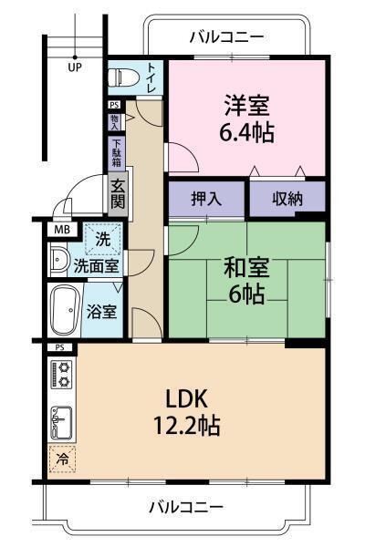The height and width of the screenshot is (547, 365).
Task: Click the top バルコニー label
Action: click(x=226, y=37)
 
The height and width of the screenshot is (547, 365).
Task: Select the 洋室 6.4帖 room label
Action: click(x=245, y=118)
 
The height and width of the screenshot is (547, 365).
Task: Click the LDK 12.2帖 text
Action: click(x=187, y=411)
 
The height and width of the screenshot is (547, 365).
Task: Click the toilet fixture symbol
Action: click(x=121, y=79)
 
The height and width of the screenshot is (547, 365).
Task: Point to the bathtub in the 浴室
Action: click(x=66, y=311)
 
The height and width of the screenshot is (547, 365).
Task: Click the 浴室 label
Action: click(x=101, y=311)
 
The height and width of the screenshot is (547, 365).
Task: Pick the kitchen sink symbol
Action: click(x=63, y=420)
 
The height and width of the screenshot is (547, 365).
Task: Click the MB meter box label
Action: click(x=61, y=229)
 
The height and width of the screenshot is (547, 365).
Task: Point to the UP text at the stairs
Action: click(x=74, y=67)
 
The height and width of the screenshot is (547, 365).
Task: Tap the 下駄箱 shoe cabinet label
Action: click(x=117, y=152)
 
